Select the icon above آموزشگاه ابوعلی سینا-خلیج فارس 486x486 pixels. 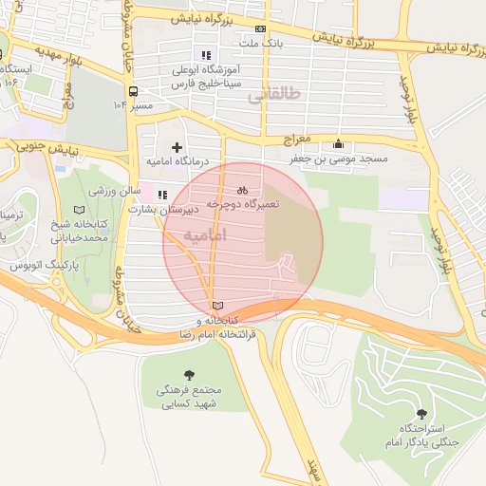tap(208, 55)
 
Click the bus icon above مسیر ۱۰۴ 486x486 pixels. tap(132, 91)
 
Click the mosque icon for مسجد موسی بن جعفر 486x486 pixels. tap(339, 144)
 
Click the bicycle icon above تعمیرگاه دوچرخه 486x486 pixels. tap(242, 189)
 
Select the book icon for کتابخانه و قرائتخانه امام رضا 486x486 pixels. tap(220, 306)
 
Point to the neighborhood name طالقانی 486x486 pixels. tap(271, 96)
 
